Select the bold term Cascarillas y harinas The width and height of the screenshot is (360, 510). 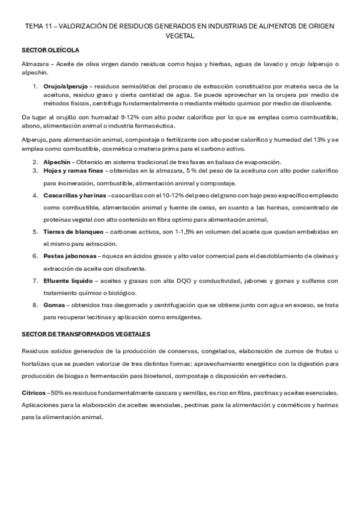75,196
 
